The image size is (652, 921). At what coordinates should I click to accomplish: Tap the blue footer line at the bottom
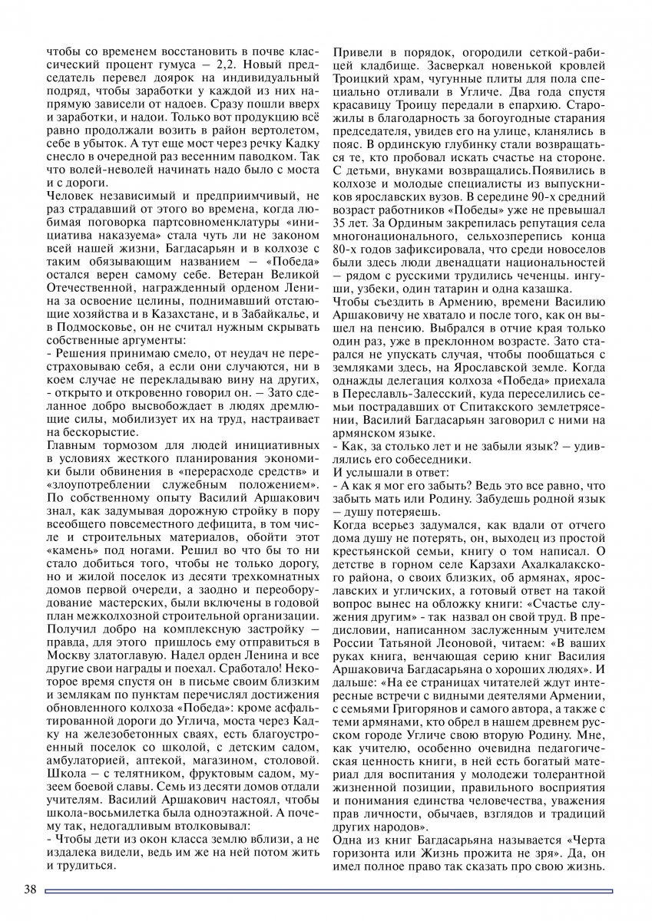coord(330,891)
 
